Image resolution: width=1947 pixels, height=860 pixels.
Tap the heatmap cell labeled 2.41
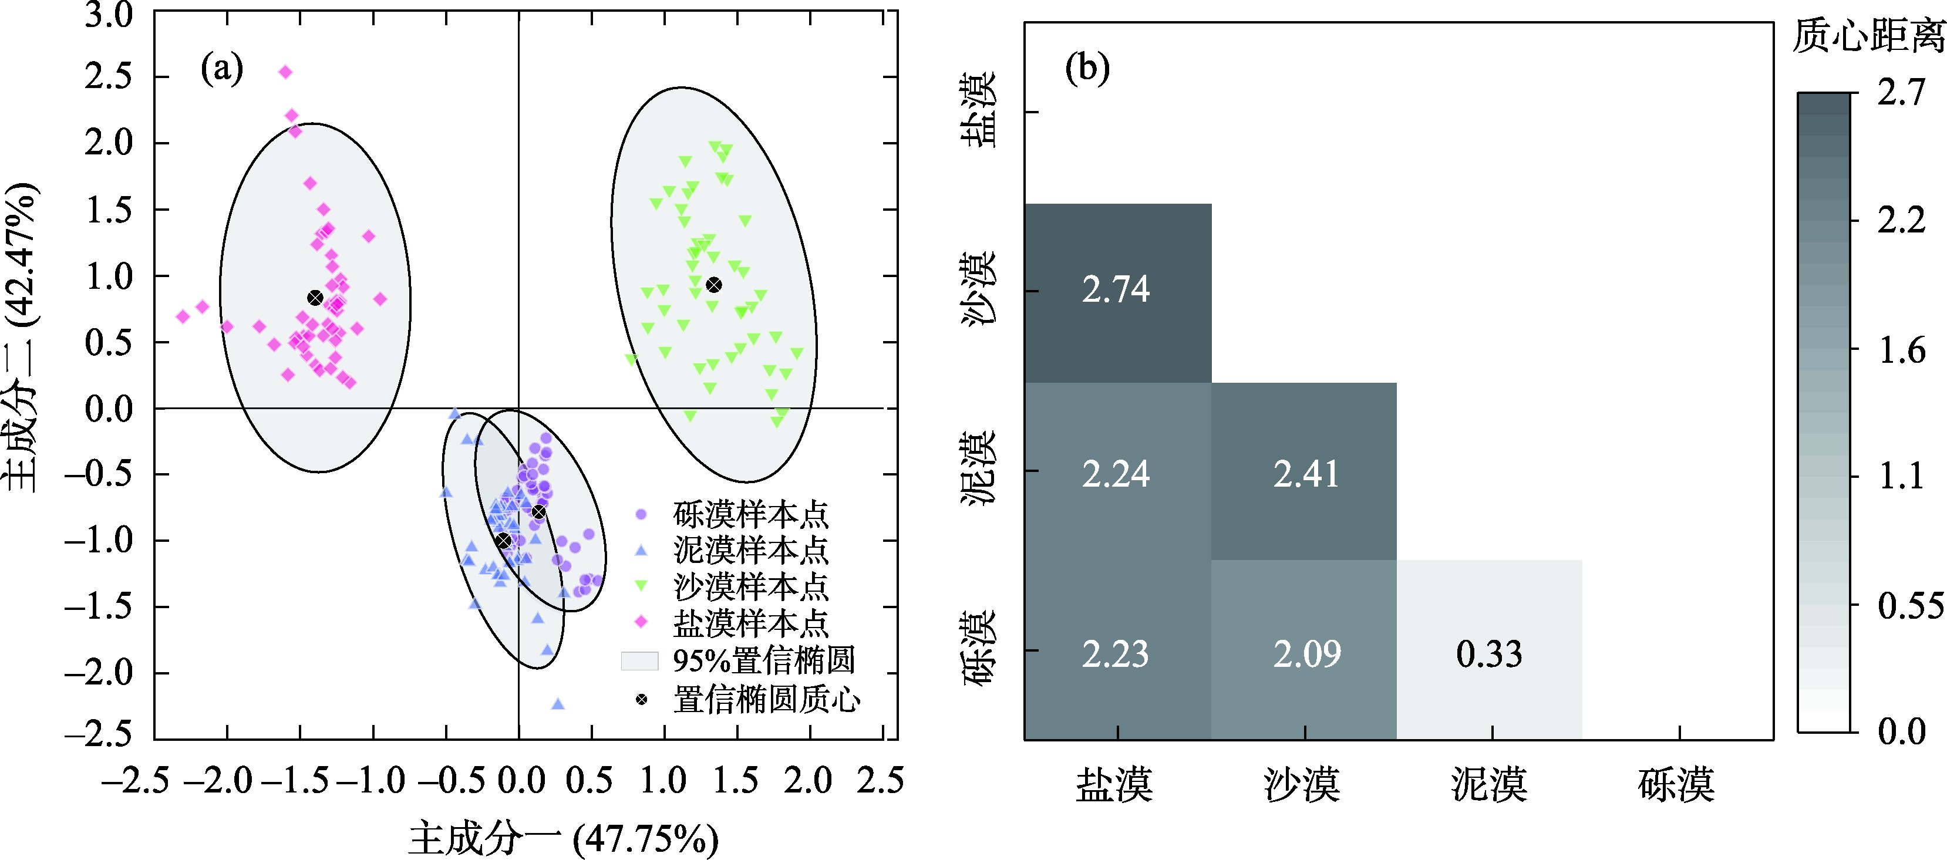(1304, 473)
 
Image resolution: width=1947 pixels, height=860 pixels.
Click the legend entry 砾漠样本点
(750, 515)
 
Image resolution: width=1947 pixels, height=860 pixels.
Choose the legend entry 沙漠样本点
(750, 586)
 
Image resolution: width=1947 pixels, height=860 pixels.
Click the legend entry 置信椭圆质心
(765, 700)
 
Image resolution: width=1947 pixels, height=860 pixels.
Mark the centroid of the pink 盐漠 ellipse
(315, 298)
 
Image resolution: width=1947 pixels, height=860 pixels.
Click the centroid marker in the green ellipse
(713, 285)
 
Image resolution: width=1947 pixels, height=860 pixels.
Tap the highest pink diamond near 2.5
(286, 72)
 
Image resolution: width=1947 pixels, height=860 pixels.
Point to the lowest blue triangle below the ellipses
(558, 704)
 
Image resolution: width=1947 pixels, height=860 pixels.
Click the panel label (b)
(1087, 68)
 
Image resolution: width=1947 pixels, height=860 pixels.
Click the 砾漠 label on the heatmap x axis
(1676, 784)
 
